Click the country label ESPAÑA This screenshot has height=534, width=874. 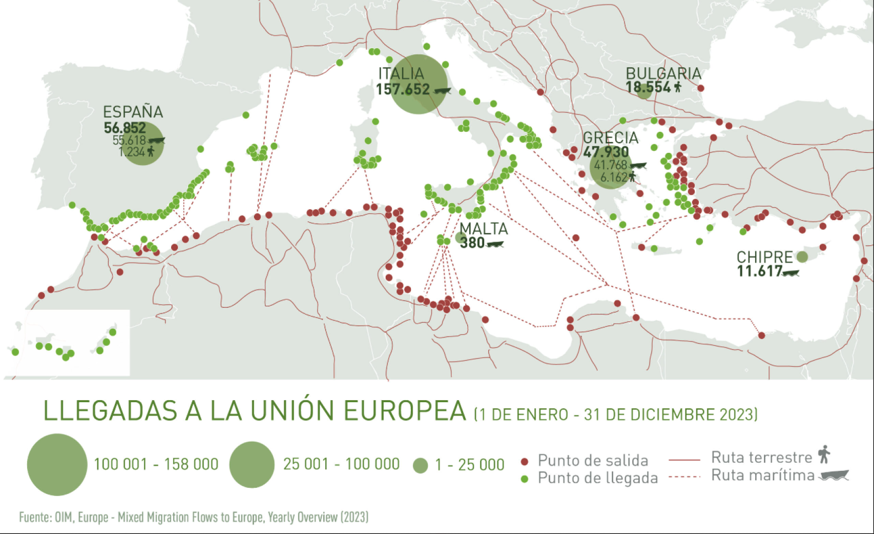pos(133,112)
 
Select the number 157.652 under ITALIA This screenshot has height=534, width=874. pos(403,89)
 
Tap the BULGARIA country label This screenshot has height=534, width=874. pos(663,73)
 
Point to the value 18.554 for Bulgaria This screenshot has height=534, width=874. pos(648,88)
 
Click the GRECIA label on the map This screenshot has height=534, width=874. pos(611,137)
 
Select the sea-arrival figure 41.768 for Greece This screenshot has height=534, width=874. pos(611,165)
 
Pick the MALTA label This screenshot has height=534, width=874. pos(484,229)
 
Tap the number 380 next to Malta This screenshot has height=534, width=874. pos(472,243)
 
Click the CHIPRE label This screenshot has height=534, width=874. pos(764,257)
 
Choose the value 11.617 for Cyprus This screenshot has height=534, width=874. pos(759,271)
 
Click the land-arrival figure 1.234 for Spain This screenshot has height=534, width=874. pos(132,152)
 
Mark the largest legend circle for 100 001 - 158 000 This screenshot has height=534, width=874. pos(57,464)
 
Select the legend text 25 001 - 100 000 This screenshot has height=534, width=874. pos(341,464)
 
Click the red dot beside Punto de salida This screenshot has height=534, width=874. pos(524,461)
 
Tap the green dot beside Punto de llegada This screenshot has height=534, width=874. pos(524,479)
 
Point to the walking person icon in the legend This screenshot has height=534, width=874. pos(824,454)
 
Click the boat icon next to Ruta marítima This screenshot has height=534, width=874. pos(834,476)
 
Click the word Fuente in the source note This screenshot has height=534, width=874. pos(34,517)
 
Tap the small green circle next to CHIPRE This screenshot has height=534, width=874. pos(802,256)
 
